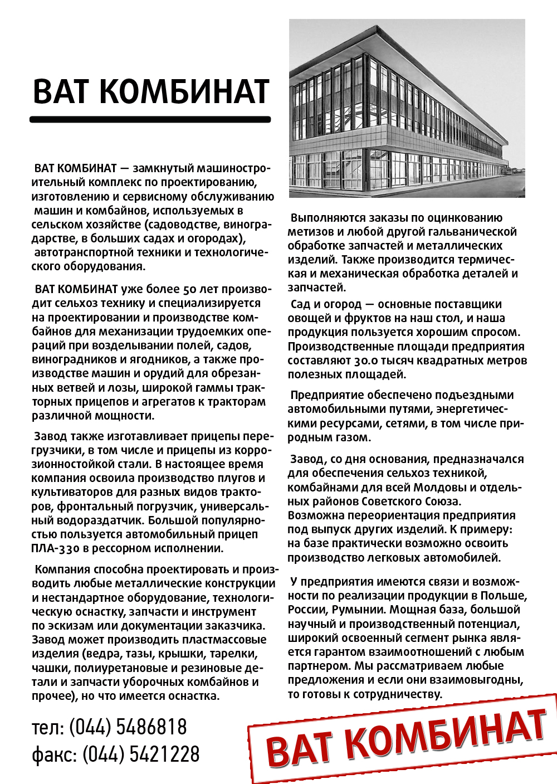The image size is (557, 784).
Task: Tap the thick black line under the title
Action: point(150,119)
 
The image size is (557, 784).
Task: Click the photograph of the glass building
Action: point(407,108)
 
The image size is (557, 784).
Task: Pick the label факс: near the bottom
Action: point(54,754)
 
